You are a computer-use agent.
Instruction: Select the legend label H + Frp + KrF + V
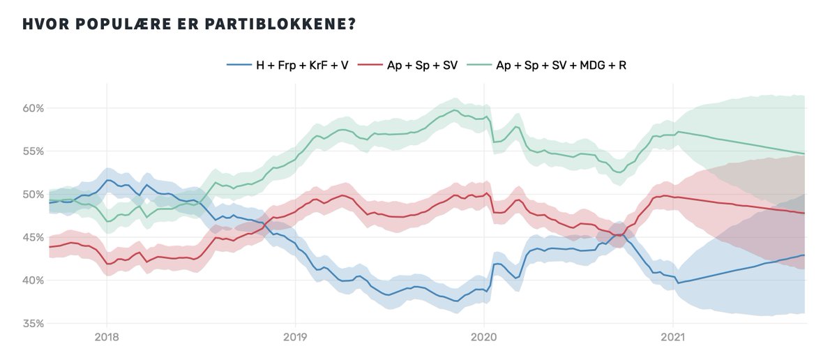pyautogui.click(x=302, y=65)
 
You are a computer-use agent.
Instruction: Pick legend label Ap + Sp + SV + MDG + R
pyautogui.click(x=563, y=65)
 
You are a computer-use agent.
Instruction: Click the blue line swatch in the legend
pyautogui.click(x=239, y=65)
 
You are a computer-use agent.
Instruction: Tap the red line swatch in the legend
pyautogui.click(x=370, y=65)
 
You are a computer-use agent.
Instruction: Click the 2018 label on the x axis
pyautogui.click(x=107, y=338)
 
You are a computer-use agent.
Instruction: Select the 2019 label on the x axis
pyautogui.click(x=295, y=338)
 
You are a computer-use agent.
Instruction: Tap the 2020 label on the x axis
pyautogui.click(x=484, y=338)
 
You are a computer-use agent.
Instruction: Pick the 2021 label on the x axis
pyautogui.click(x=672, y=338)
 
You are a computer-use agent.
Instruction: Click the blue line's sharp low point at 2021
pyautogui.click(x=677, y=283)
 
